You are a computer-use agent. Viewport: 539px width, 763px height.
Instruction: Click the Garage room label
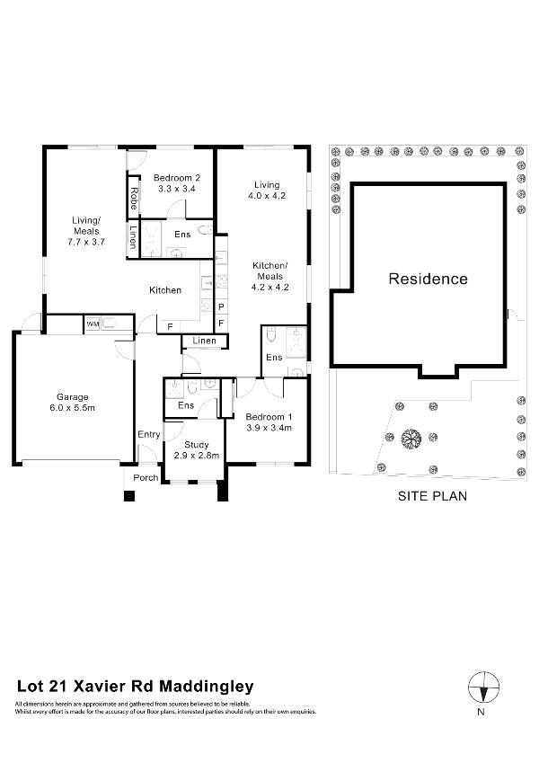(x=73, y=396)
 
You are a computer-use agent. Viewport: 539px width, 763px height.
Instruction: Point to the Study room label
(x=196, y=445)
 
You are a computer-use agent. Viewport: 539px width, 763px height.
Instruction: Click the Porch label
(x=145, y=477)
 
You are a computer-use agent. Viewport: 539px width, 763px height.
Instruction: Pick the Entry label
(x=148, y=435)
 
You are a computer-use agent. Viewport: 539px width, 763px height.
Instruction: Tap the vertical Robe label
(x=134, y=197)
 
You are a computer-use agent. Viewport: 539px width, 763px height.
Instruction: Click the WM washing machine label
(x=93, y=323)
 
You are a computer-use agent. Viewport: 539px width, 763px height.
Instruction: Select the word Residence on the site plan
(x=428, y=279)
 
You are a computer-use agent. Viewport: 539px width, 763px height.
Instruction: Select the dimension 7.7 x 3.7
(x=86, y=242)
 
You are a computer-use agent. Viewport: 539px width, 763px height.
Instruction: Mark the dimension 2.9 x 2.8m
(x=196, y=457)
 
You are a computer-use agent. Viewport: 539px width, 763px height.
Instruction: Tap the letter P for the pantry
(x=221, y=307)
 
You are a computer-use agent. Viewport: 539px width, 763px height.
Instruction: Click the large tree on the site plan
(x=411, y=438)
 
